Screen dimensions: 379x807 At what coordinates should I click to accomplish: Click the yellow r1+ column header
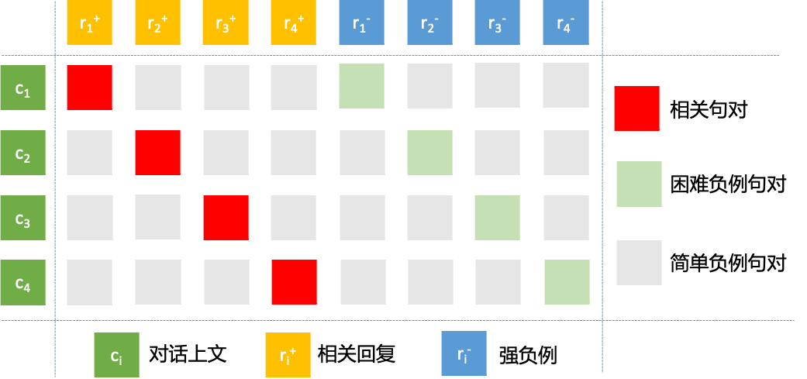pos(90,22)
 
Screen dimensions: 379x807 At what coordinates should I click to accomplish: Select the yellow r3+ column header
pos(226,22)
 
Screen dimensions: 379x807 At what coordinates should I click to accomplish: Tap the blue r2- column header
pos(430,22)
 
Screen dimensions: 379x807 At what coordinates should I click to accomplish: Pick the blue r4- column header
pos(566,22)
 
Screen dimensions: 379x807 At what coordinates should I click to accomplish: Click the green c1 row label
pos(23,88)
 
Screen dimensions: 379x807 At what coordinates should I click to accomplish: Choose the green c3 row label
pos(23,218)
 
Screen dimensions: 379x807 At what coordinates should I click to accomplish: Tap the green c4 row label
pos(23,282)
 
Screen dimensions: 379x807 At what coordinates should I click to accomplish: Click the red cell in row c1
pos(90,88)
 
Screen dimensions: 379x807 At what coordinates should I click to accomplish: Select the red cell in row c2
pos(157,153)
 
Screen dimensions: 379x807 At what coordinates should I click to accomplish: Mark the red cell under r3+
pos(226,218)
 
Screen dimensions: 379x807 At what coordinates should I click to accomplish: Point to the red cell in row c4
pos(294,282)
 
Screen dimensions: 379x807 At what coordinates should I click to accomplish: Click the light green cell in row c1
pos(362,87)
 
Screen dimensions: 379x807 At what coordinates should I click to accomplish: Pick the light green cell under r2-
pos(430,153)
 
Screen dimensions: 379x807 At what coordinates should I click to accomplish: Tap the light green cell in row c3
pos(498,218)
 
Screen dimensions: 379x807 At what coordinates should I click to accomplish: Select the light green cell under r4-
pos(567,282)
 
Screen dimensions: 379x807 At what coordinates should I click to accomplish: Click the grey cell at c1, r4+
pos(294,88)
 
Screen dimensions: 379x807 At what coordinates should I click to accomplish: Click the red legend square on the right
pos(636,109)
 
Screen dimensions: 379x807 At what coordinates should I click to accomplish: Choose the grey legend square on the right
pos(639,262)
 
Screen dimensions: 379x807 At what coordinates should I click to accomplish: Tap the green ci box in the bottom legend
pos(116,355)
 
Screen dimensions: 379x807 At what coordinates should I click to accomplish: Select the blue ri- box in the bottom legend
pos(464,354)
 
